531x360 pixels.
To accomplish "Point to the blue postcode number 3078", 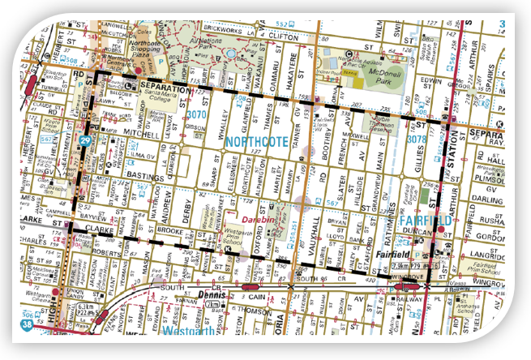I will (417, 139).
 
